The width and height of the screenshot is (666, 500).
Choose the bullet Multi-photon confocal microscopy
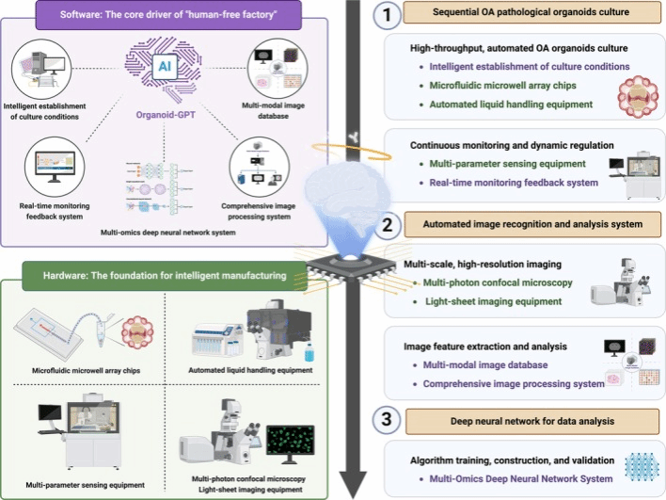pos(498,282)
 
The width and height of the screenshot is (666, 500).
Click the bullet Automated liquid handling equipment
pos(511,104)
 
